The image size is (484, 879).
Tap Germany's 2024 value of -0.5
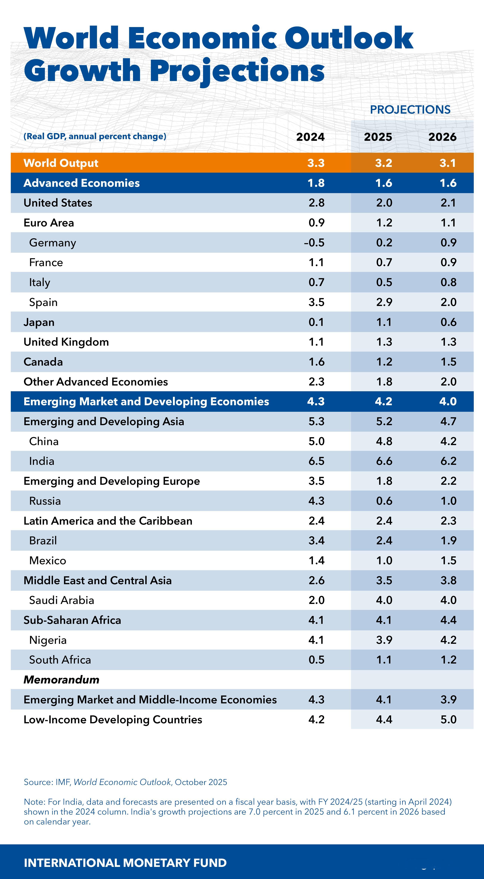(314, 243)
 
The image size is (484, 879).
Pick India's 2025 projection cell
(384, 461)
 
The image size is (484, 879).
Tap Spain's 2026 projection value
(448, 302)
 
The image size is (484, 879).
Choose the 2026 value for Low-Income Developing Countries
(448, 719)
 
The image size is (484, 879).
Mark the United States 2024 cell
(316, 203)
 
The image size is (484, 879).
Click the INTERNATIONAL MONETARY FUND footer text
(125, 863)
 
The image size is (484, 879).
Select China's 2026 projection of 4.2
(448, 441)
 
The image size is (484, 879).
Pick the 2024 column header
(310, 137)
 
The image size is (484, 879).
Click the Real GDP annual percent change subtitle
(95, 136)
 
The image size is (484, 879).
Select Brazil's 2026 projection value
(448, 540)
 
